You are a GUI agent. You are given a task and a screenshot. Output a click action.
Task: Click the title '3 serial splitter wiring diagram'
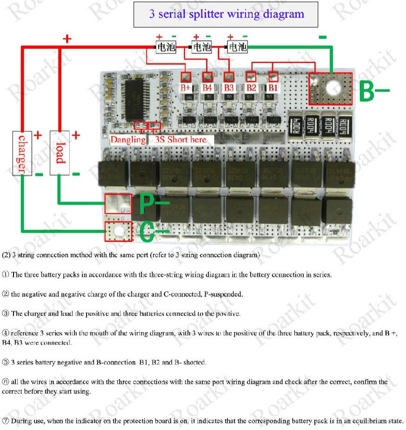pos(226,14)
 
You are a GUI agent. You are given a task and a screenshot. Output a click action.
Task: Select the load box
pos(58,152)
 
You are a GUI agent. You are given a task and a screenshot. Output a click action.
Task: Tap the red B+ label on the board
pos(186,87)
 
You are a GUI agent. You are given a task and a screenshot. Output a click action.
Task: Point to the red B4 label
pos(207,87)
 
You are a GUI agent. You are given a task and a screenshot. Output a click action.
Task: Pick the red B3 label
pos(229,87)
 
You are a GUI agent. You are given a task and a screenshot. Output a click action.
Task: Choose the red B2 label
pos(252,87)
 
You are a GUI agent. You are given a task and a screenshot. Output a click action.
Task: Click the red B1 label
pos(273,87)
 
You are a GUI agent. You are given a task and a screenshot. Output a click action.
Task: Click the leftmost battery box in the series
pos(166,47)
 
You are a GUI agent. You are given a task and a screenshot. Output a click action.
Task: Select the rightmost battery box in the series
pos(238,47)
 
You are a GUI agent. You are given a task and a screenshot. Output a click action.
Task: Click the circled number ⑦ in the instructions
pos(5,421)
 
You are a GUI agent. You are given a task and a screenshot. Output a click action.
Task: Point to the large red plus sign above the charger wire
pos(68,39)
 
